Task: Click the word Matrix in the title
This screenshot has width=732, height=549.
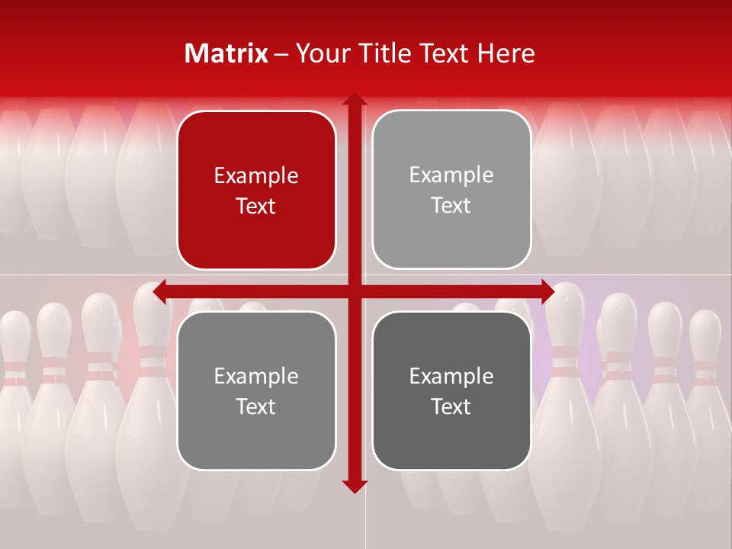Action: (x=226, y=53)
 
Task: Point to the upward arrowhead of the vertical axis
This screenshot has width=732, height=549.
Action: (x=355, y=100)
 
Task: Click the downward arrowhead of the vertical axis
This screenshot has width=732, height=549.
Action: (x=355, y=486)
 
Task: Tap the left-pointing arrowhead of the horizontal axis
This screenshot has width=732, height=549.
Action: (x=160, y=291)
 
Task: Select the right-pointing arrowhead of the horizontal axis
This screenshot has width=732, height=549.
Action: (x=548, y=291)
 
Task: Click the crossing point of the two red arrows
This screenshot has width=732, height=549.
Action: (x=355, y=291)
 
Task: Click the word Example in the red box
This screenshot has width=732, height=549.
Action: (x=256, y=175)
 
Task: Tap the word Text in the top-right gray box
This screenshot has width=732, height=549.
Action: (x=451, y=205)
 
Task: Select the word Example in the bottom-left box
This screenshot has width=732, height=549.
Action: (x=256, y=376)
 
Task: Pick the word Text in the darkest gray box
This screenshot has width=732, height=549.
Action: (x=451, y=406)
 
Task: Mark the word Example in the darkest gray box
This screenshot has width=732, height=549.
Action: (x=451, y=376)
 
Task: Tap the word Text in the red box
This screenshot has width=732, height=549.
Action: (x=256, y=206)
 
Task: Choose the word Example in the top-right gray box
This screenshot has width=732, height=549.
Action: (x=451, y=175)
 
